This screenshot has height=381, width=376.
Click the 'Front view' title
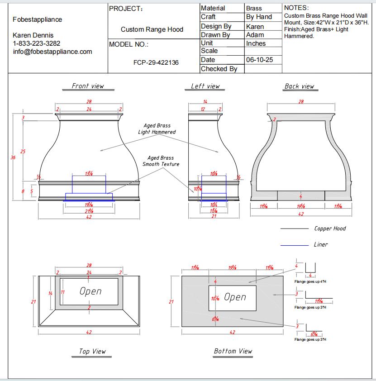point(88,86)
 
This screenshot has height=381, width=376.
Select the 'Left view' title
point(205,86)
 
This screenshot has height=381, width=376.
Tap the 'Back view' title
point(299,86)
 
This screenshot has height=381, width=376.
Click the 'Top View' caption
point(92,351)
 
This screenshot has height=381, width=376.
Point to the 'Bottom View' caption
point(233,351)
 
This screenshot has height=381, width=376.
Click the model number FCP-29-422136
point(156,63)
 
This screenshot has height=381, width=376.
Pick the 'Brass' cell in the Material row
point(254,8)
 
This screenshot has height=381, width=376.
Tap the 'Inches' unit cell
point(256,43)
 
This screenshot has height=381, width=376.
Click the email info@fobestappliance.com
point(52,52)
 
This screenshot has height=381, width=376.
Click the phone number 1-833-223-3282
point(37,43)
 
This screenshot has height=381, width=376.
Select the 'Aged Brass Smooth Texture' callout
point(161,161)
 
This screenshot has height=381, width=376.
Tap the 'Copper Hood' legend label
point(330,229)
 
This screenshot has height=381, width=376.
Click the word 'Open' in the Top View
point(90,291)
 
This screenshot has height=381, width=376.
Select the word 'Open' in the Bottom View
point(235,297)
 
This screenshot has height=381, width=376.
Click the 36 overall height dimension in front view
point(13,158)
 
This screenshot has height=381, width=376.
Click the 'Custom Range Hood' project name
point(152,29)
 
